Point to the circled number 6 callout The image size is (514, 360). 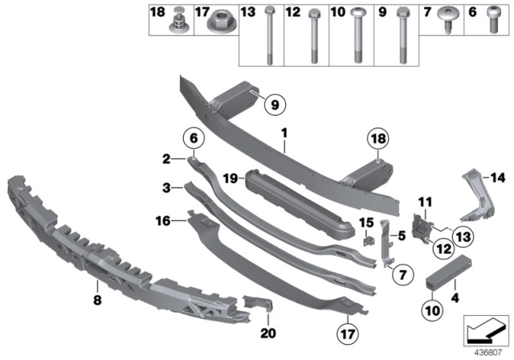194,137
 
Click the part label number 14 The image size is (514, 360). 496,178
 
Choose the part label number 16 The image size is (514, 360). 166,219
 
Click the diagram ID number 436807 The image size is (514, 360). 487,350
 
